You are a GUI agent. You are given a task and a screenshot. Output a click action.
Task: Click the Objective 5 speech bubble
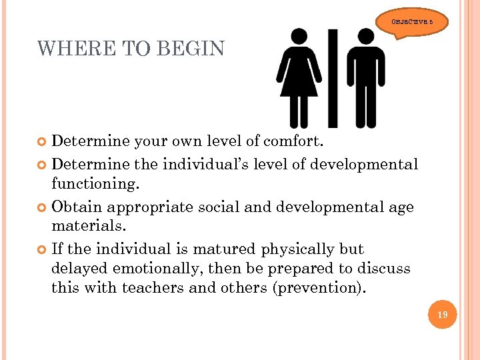point(416,22)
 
